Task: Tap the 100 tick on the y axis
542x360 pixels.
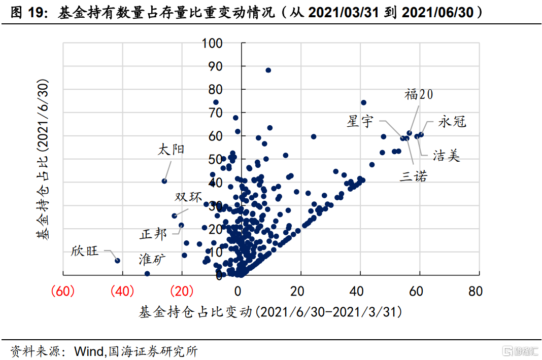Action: click(212, 43)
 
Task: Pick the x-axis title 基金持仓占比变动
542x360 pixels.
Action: click(270, 312)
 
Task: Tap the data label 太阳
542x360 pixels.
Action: click(171, 150)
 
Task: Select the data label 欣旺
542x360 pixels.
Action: click(84, 251)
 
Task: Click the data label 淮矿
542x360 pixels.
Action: click(152, 260)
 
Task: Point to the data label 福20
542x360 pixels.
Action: click(419, 95)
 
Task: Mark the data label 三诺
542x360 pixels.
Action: click(414, 176)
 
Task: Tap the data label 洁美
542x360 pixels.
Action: click(447, 156)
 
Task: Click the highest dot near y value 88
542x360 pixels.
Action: click(268, 70)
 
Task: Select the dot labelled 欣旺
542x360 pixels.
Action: click(117, 261)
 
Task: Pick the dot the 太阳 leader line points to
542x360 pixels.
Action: click(164, 181)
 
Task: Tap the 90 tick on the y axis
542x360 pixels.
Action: click(216, 66)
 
